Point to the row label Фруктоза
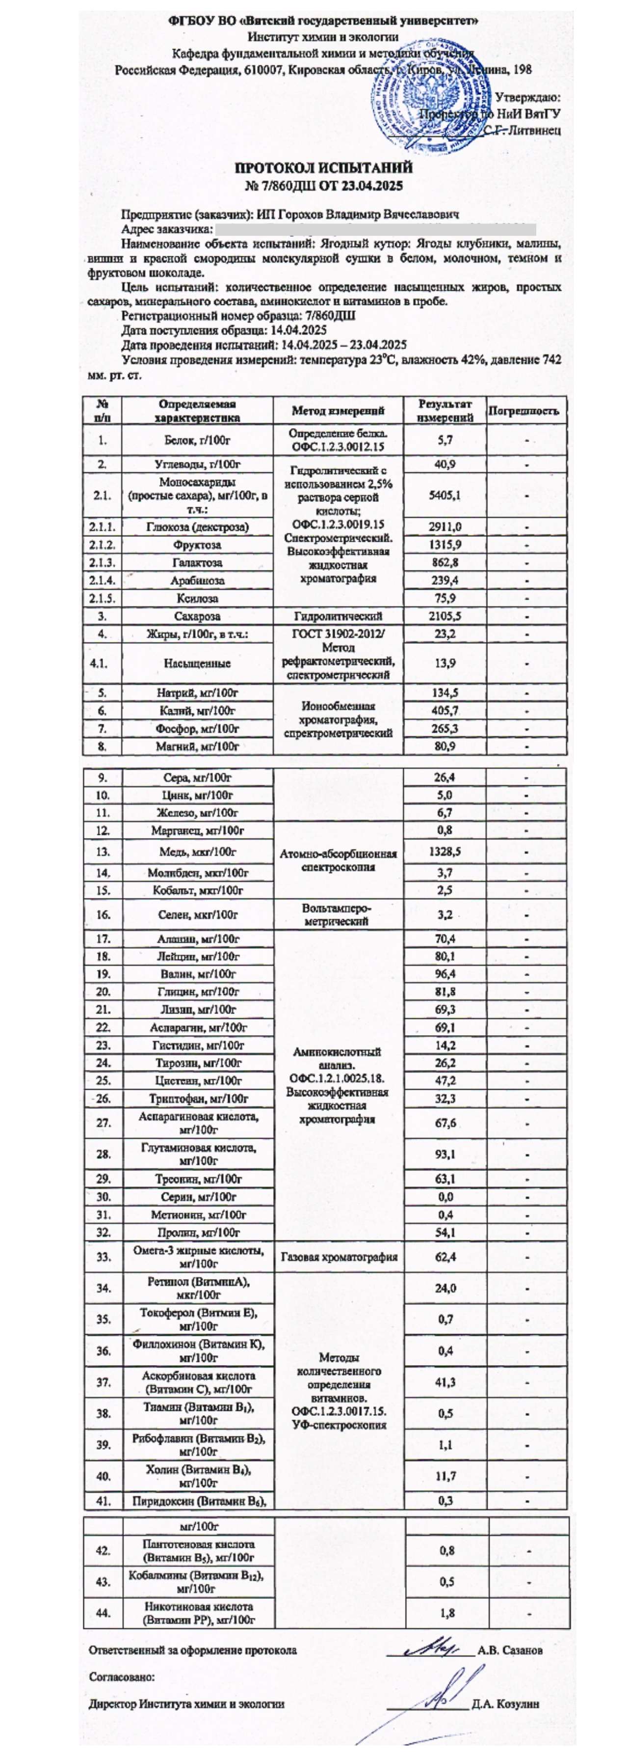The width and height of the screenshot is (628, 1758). (198, 545)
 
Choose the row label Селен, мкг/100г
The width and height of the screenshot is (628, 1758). (198, 914)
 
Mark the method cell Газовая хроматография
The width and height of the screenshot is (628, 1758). (339, 1257)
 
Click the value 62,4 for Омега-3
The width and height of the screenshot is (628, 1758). (445, 1257)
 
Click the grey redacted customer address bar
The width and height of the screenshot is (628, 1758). (375, 229)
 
